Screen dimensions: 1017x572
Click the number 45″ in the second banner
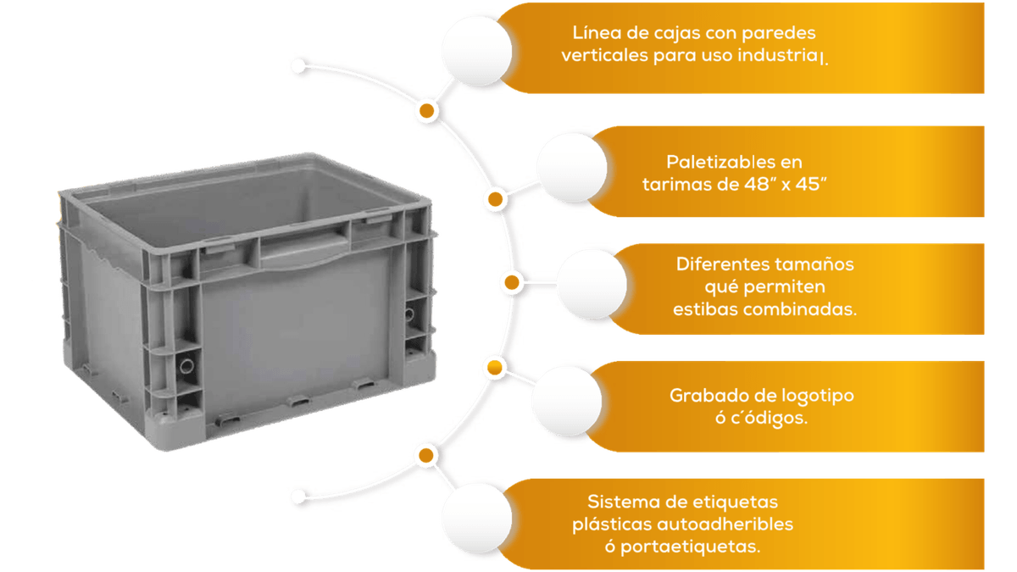coord(811,185)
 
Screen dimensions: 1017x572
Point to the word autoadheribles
coord(725,525)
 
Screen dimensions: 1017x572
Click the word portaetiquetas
coord(690,547)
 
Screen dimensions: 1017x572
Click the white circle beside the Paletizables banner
coord(572,168)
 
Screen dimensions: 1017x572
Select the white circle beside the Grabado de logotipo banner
coord(567,402)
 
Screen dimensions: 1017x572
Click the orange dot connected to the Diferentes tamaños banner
coord(512,282)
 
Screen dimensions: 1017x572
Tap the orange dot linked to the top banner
coord(427,110)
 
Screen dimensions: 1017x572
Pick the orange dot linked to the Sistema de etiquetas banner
coord(425,455)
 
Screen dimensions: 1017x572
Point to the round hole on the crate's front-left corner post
coord(186,366)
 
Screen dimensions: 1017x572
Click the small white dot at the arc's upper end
coord(298,66)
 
